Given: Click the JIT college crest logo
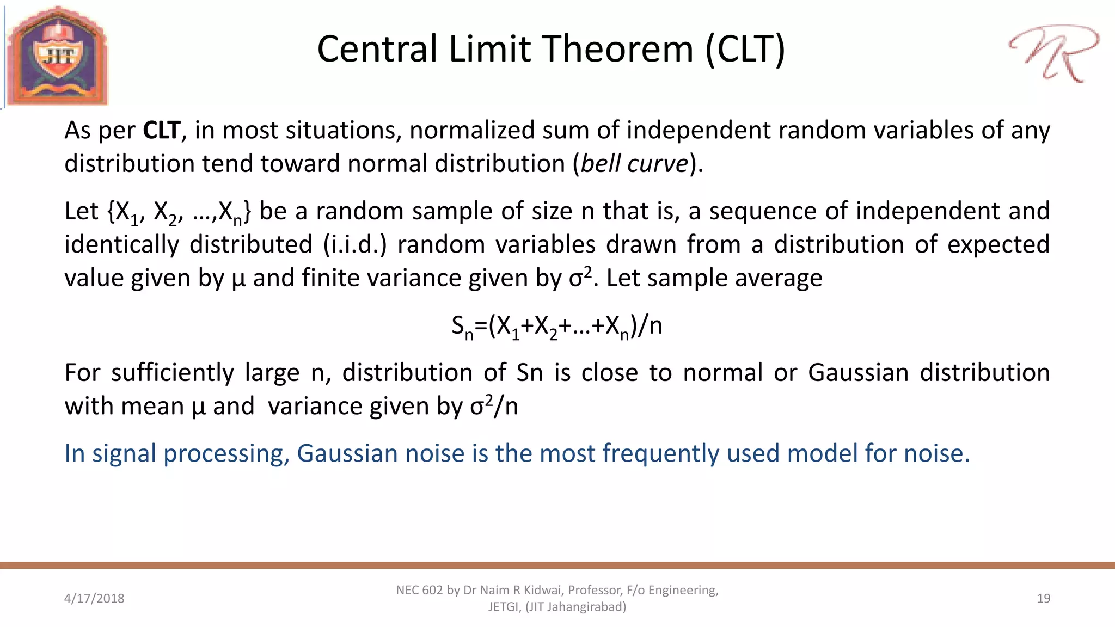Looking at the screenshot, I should click(x=57, y=56).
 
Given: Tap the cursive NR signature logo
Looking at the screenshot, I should click(x=1053, y=53).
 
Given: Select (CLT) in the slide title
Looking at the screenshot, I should click(x=745, y=49).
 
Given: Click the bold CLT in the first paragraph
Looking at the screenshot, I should click(x=161, y=131).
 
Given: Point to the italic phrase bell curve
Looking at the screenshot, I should click(x=635, y=164).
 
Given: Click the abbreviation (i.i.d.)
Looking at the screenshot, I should click(x=355, y=244).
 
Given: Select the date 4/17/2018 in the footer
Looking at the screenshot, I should click(x=94, y=598).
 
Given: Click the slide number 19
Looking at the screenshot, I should click(x=1043, y=598).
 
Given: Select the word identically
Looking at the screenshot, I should click(x=121, y=244).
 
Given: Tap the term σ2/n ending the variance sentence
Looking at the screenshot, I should click(x=494, y=406).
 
